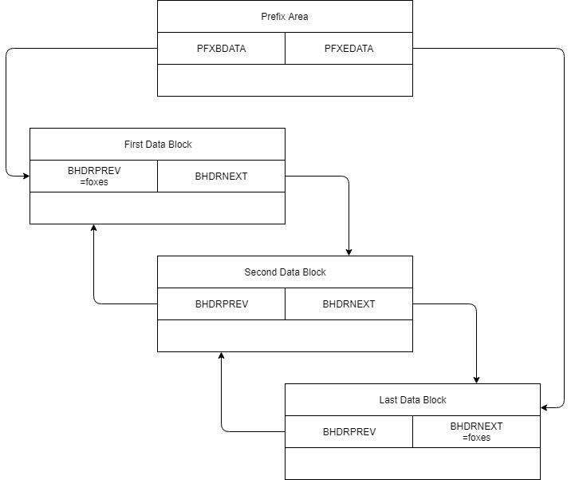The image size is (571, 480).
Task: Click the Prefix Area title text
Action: click(285, 16)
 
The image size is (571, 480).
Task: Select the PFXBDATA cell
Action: click(221, 49)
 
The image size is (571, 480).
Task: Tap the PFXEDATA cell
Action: click(349, 49)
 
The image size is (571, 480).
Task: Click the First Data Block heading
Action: click(157, 145)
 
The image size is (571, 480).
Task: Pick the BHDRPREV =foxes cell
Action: click(93, 176)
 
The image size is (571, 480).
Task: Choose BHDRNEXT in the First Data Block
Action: click(221, 177)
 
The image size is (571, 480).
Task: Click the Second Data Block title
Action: click(285, 272)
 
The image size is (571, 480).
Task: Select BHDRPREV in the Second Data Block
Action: click(221, 304)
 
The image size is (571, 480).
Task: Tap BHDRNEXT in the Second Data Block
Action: click(349, 304)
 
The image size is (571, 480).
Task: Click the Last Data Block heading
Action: click(412, 400)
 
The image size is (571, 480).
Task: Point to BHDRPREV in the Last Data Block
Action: click(349, 432)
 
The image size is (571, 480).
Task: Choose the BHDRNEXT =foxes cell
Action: click(476, 431)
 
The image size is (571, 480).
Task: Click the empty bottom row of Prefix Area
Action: click(285, 80)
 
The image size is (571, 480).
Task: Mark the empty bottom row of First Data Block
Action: click(157, 208)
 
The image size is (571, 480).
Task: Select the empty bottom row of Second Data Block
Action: click(285, 335)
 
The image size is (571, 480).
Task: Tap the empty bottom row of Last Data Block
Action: click(412, 463)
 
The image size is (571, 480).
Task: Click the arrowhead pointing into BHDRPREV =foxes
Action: click(26, 176)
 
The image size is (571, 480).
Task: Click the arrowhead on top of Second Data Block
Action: click(349, 252)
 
